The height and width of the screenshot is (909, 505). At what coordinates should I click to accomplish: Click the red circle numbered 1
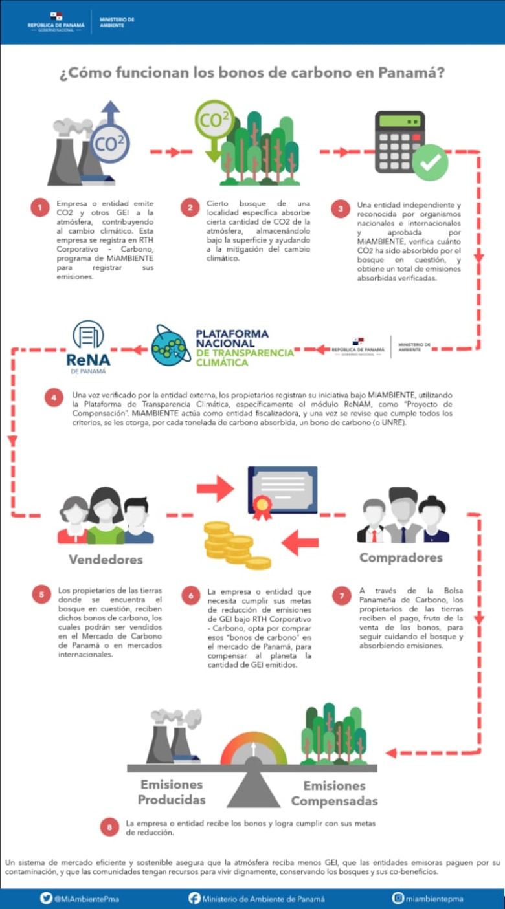[x=39, y=208]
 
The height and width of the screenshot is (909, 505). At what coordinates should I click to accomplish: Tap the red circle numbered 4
[x=54, y=398]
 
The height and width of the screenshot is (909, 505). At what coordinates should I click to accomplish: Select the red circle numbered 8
[x=109, y=827]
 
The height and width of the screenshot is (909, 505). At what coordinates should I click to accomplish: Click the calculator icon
[x=399, y=141]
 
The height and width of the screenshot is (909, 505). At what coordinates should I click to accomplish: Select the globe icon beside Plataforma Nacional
[x=171, y=345]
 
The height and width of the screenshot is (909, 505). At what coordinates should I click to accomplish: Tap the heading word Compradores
[x=401, y=558]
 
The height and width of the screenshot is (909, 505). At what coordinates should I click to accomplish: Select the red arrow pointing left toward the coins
[x=300, y=542]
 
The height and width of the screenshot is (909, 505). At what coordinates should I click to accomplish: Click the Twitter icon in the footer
[x=46, y=898]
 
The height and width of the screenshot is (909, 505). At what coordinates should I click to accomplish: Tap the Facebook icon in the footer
[x=194, y=898]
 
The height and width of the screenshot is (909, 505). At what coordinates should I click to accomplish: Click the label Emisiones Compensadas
[x=334, y=793]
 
